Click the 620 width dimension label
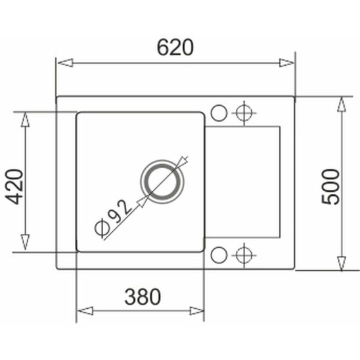coord(175,47)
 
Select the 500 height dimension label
coord(332,187)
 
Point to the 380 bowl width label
coord(142,297)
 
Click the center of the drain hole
coord(160,180)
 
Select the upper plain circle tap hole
coord(219,112)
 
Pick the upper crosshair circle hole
coord(244,112)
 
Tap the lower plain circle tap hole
coord(219,254)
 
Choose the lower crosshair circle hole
coord(244,254)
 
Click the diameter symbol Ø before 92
coord(102,227)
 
